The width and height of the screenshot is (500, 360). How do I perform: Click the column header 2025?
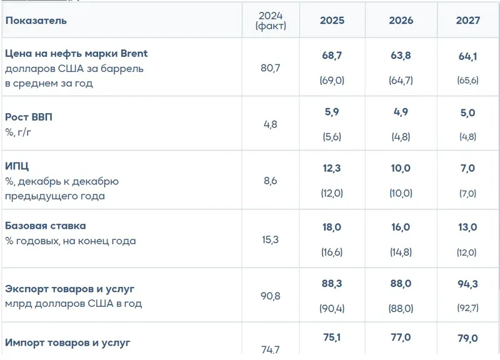tap(332, 21)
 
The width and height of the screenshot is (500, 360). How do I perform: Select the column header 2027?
tap(468, 21)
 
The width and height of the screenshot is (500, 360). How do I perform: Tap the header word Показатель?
tap(36, 21)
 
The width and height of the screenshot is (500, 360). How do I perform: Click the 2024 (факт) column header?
tap(271, 21)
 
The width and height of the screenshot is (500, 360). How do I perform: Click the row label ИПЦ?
tap(17, 167)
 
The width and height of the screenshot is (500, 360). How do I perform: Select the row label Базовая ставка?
tap(46, 226)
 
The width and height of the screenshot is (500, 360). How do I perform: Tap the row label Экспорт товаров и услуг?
tap(70, 289)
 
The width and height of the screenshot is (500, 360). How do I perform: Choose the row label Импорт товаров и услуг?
tap(68, 342)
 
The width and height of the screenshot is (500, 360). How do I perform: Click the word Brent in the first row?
tap(132, 54)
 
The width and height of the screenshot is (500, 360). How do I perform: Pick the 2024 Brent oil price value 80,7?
tap(271, 67)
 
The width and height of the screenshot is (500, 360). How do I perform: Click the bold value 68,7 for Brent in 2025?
tap(332, 57)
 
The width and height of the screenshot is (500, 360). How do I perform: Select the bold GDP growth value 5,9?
tap(332, 113)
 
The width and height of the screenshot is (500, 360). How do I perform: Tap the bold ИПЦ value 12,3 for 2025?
tap(332, 169)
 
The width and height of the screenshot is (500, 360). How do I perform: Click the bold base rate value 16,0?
tap(401, 227)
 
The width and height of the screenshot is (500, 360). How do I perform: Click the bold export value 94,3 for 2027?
tap(468, 285)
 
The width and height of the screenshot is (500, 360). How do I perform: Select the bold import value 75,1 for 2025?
tap(332, 339)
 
